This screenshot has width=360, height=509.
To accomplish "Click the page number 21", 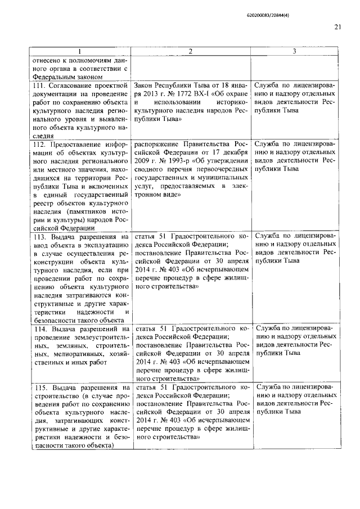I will [337, 26].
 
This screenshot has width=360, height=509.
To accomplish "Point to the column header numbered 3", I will [294, 51].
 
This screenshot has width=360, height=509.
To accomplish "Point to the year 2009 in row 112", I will [143, 161].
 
